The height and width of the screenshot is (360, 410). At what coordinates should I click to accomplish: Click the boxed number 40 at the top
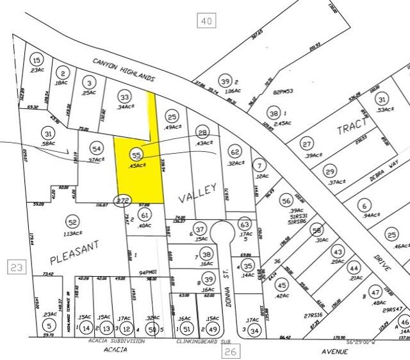tap(206, 22)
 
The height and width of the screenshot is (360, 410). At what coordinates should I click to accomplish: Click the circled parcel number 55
tap(135, 155)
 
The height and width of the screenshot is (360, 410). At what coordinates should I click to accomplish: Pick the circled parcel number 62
tap(235, 152)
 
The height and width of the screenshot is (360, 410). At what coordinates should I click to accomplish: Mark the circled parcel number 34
tap(255, 331)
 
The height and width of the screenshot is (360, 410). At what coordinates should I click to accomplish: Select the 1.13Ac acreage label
tap(72, 234)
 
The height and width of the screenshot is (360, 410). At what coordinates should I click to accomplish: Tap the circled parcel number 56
tap(286, 200)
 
